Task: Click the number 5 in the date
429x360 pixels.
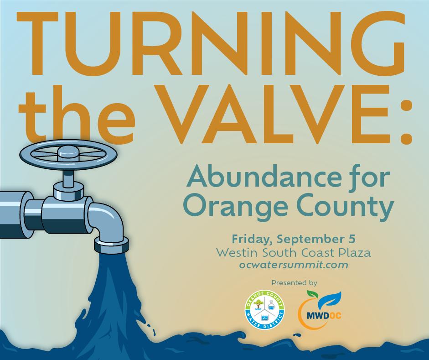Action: coord(351,239)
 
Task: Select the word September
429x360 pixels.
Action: coord(310,240)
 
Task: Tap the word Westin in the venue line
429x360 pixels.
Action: coord(234,252)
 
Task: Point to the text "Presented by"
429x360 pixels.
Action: coord(294,282)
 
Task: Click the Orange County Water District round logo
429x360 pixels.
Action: coord(264,310)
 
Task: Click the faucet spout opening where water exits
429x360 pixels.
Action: coord(112,249)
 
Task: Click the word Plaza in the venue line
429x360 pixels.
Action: coord(356,252)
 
